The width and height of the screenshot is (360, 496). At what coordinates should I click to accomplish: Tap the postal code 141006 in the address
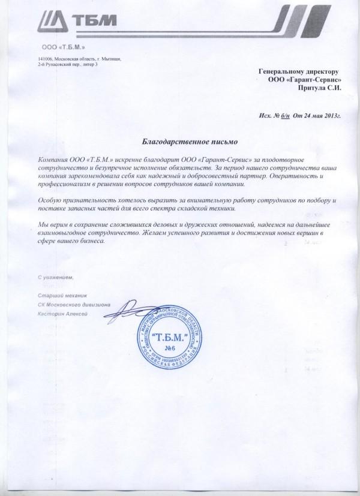tap(45, 59)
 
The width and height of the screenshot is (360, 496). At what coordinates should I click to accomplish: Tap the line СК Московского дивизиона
tap(73, 305)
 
